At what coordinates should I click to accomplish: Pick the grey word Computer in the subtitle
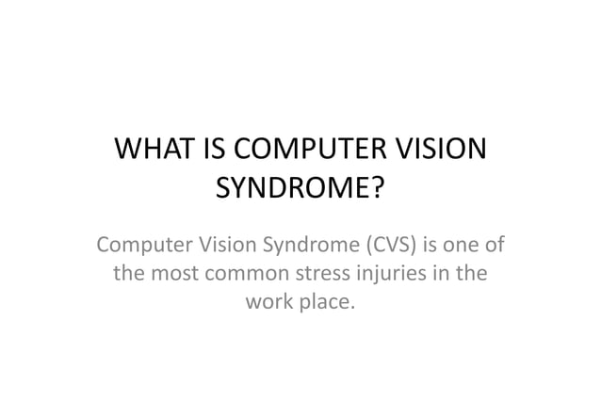[x=139, y=249]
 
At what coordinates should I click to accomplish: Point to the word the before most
[x=130, y=277]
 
